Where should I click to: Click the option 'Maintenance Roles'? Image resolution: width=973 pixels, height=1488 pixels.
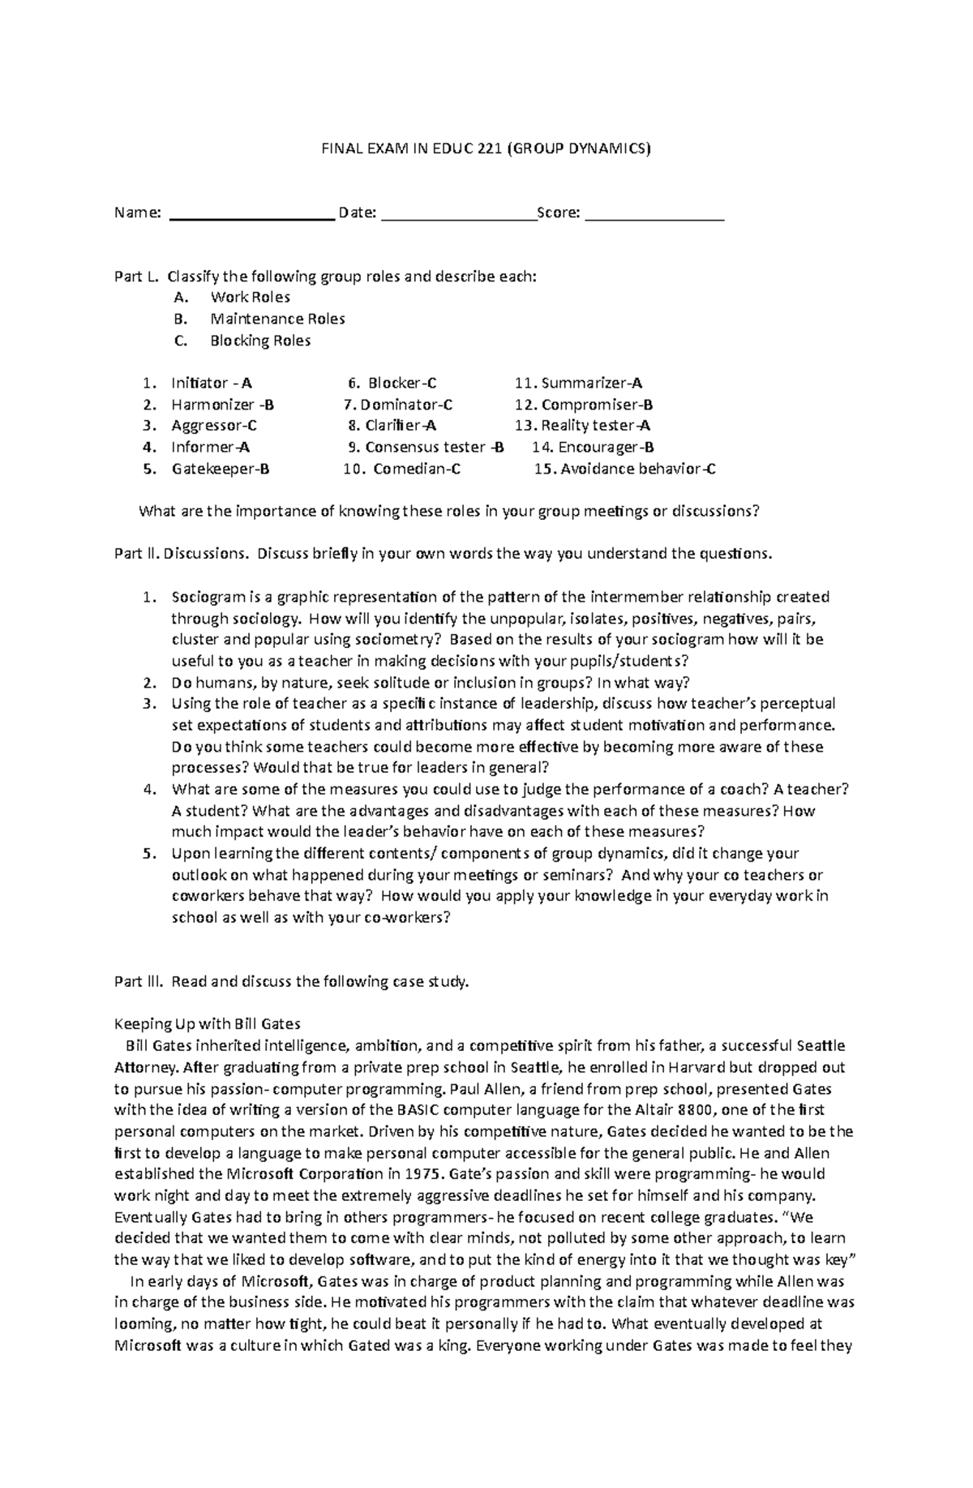277,319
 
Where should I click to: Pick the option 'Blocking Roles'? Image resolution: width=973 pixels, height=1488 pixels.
260,341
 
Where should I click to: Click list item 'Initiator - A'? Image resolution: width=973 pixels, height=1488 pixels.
211,383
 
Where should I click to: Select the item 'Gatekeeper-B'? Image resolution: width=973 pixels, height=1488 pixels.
220,469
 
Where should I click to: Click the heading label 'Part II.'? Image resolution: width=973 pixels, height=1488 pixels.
136,554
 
